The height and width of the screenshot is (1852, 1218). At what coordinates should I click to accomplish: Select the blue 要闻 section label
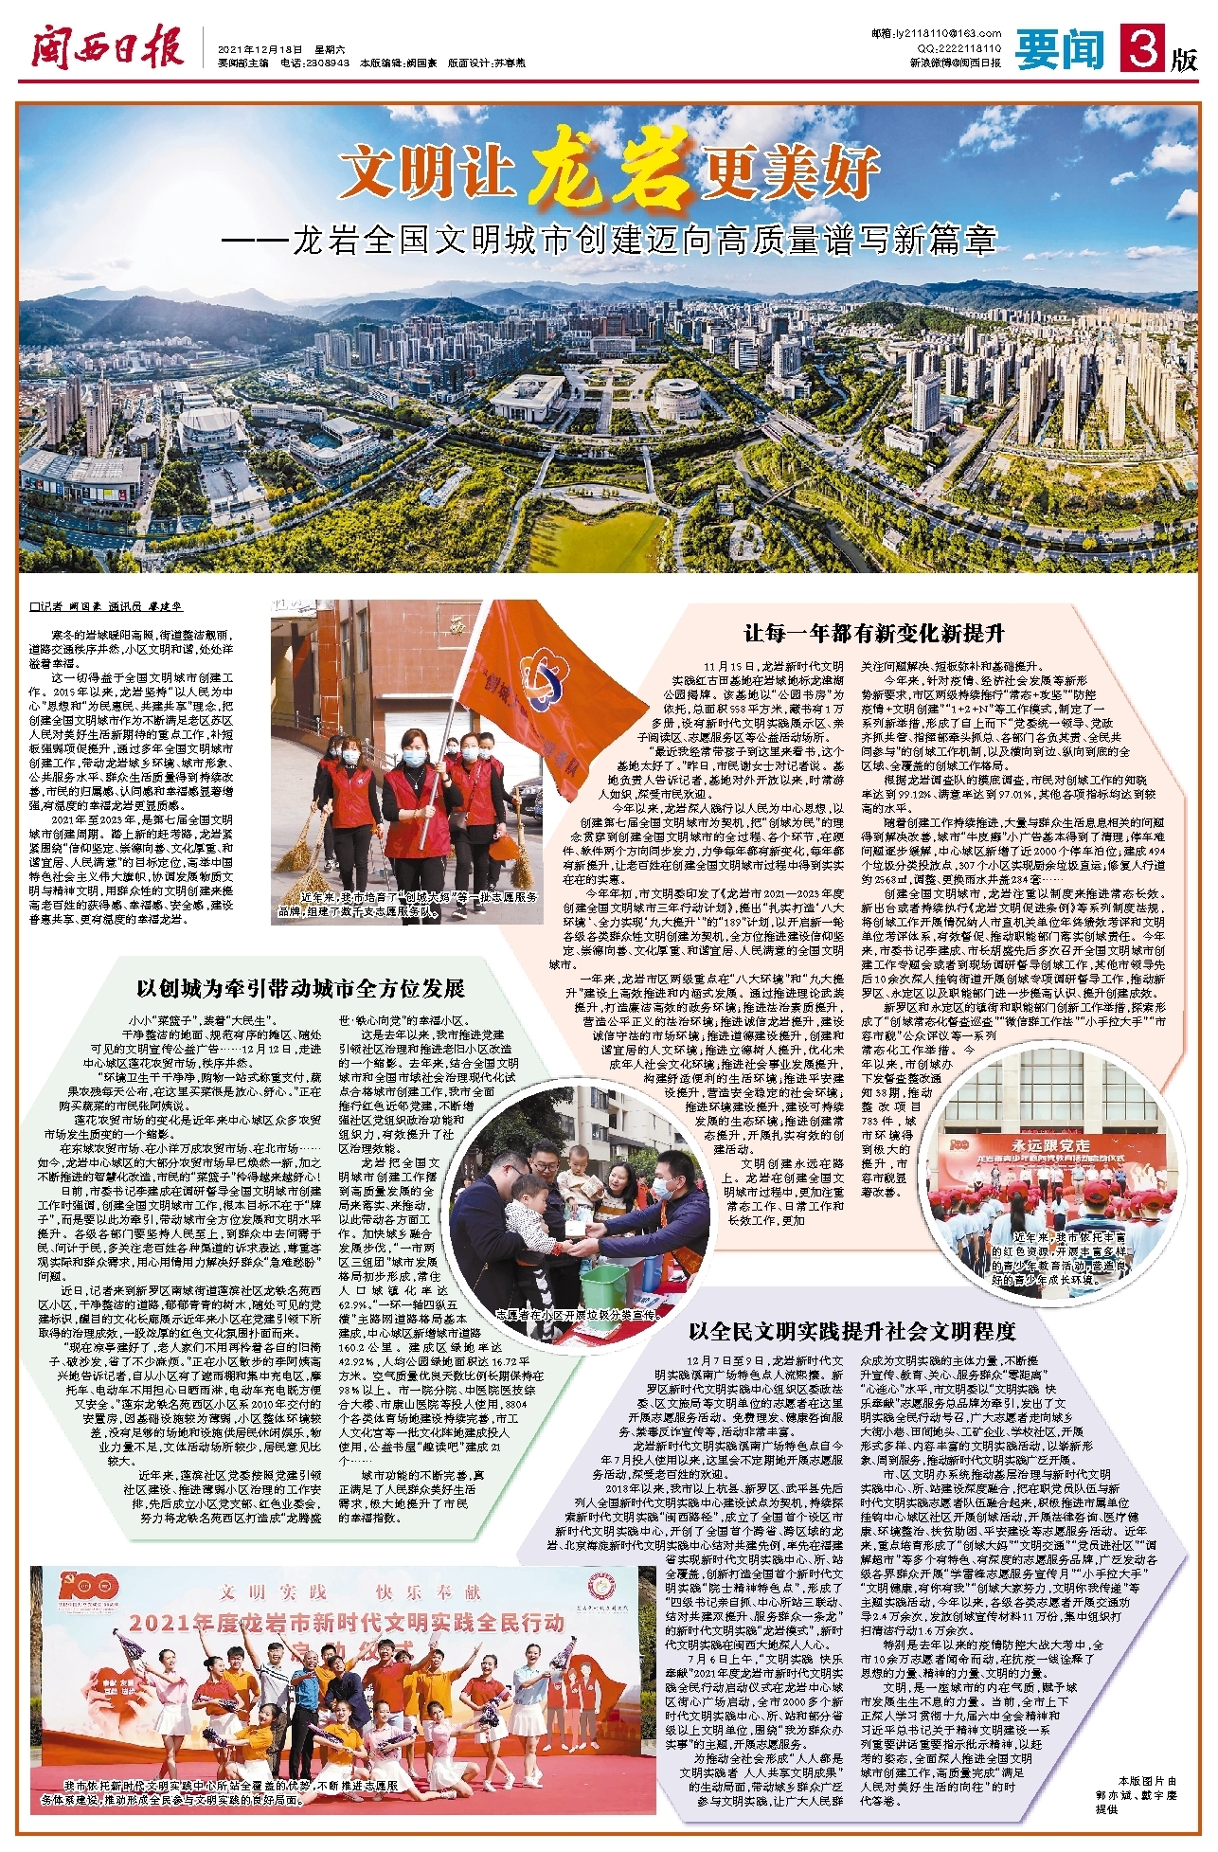1060,49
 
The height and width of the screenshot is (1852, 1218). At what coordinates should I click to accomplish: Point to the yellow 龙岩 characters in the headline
607,172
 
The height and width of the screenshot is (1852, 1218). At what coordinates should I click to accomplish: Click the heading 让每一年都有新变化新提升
873,634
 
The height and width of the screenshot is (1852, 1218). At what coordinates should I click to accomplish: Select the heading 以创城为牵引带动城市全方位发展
301,989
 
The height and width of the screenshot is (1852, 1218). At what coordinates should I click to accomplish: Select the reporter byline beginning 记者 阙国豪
105,607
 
